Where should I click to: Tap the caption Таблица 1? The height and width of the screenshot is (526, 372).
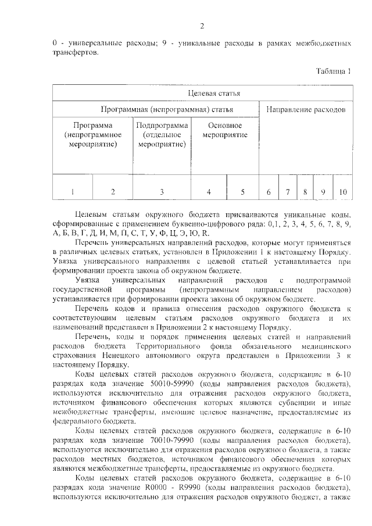coord(333,71)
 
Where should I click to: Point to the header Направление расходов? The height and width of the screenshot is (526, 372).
coord(305,109)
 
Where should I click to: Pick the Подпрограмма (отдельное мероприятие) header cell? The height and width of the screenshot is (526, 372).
coord(162,135)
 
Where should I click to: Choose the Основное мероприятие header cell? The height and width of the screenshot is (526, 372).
coord(224,130)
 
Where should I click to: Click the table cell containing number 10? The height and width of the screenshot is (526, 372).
coord(342,191)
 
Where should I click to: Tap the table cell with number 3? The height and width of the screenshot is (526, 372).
coord(162,191)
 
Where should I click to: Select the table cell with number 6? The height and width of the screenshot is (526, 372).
coord(269,191)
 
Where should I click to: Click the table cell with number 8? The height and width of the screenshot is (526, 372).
coord(305,191)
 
